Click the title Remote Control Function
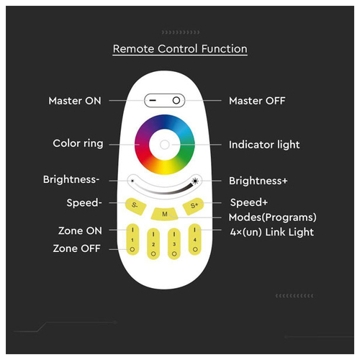point(180,49)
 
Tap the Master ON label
point(75,101)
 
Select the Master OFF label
point(257,101)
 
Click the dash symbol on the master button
point(153,100)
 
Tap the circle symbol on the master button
point(176,100)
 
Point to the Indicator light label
point(264,145)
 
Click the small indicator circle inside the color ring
point(165,145)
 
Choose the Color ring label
point(78,143)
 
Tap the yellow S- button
point(135,206)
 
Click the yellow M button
point(165,214)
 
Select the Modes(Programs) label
point(273,217)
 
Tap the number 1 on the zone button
point(132,240)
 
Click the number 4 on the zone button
point(195,240)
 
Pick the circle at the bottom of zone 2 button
point(153,253)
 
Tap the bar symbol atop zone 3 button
point(174,234)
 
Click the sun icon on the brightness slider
point(195,181)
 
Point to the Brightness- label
point(71,179)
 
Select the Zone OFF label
point(77,248)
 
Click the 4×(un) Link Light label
point(271,232)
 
